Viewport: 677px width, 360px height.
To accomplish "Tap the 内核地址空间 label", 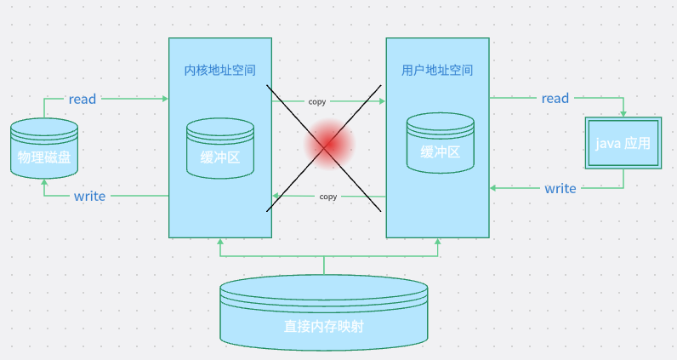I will (220, 70).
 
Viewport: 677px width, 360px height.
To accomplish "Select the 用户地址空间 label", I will (437, 70).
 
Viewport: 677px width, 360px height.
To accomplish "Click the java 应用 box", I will (623, 143).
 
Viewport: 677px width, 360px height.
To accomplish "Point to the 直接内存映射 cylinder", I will (324, 314).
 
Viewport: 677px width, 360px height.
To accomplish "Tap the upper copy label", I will (317, 101).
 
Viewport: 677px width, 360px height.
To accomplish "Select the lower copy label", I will (327, 197).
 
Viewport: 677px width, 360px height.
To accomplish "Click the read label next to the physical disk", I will (82, 99).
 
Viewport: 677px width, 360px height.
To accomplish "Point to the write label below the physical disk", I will (89, 196).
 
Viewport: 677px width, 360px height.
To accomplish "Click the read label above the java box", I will (555, 98).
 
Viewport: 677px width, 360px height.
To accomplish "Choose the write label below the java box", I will (560, 188).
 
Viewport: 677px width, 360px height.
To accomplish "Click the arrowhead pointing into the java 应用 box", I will (623, 114).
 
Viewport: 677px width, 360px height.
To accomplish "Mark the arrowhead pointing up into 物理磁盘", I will (43, 183).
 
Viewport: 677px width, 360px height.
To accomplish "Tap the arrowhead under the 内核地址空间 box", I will (220, 242).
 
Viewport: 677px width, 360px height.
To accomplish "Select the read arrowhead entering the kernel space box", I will (165, 99).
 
